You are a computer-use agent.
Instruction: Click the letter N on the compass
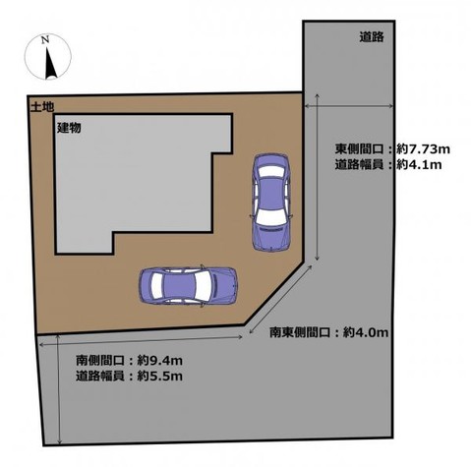tap(45, 40)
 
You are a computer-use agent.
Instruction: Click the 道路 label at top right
tap(372, 37)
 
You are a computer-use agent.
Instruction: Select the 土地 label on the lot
tap(42, 107)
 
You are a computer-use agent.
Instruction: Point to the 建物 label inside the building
tap(69, 128)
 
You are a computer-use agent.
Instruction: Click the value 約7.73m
tap(423, 149)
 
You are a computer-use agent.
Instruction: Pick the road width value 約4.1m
tap(419, 164)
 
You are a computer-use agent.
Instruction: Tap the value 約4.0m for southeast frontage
tap(366, 332)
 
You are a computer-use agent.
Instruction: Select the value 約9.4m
tap(159, 361)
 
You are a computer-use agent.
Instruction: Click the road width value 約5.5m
tap(159, 376)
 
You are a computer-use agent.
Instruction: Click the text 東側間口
tap(359, 149)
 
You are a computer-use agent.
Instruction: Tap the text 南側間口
tap(100, 361)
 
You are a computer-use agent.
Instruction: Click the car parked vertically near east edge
tap(271, 202)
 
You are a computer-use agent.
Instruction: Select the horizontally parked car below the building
tap(188, 286)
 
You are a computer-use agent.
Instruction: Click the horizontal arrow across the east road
tap(349, 105)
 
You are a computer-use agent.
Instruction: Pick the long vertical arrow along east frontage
tap(317, 177)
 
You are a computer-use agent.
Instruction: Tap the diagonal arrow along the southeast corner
tap(280, 299)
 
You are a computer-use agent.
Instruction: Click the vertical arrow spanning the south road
tap(59, 389)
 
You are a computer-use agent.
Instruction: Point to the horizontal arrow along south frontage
tap(142, 340)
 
